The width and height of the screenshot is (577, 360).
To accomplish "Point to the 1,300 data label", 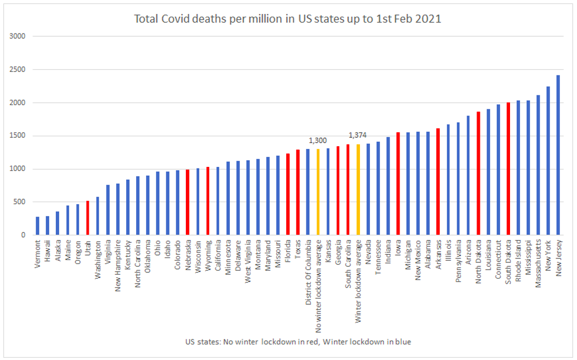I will [318, 140].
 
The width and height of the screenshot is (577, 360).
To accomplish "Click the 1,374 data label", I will [358, 135].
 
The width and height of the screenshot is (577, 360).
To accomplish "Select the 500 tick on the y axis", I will [20, 202].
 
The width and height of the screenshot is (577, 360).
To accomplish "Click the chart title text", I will [287, 19].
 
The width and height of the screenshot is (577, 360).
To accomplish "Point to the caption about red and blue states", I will [298, 342].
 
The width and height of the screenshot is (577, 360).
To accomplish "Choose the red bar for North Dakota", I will [478, 174].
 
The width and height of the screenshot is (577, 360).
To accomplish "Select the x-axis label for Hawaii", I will [47, 251].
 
